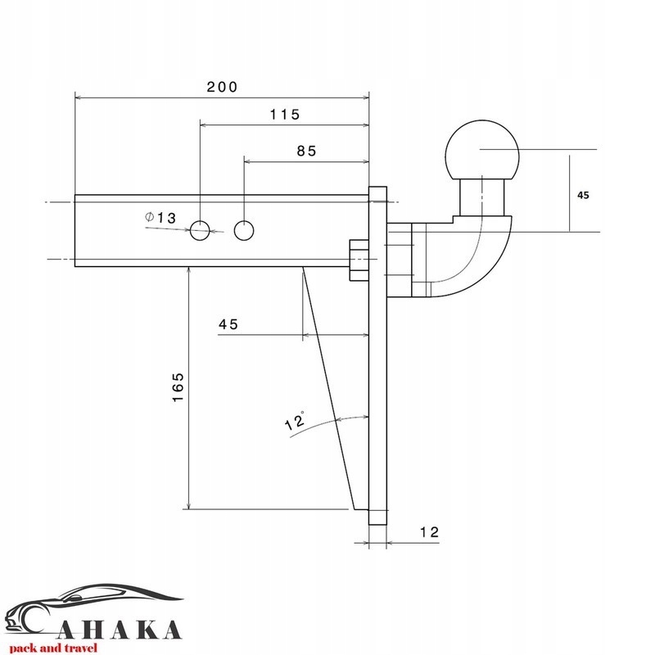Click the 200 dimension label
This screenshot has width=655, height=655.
[x=222, y=87]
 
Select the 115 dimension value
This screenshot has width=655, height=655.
[x=285, y=115]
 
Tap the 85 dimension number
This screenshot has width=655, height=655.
[x=306, y=151]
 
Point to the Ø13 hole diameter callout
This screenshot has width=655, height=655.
[x=160, y=218]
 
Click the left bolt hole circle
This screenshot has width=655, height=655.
[x=200, y=230]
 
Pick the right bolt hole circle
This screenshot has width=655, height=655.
[x=244, y=230]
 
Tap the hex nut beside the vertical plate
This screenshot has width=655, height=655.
[x=359, y=260]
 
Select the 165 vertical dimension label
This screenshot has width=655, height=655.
[x=178, y=387]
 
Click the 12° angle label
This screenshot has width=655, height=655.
[x=295, y=421]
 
